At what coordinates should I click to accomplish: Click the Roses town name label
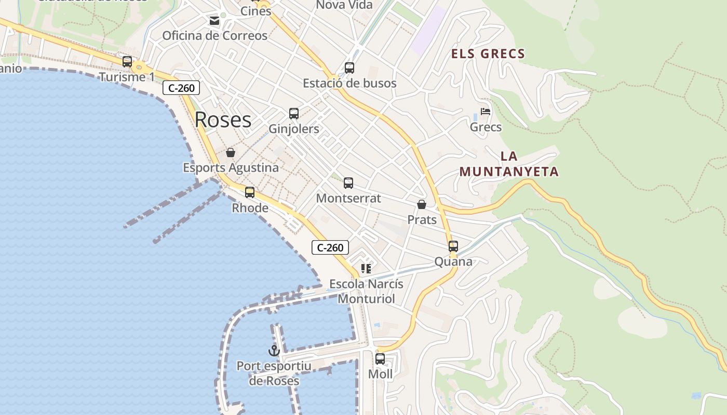tap(223, 120)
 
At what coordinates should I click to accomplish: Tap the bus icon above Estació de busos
tap(349, 68)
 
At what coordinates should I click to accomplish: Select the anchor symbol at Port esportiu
tap(274, 351)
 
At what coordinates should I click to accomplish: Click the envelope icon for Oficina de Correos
tap(214, 21)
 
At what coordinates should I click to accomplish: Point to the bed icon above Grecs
tap(486, 111)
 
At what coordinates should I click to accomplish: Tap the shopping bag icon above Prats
tap(422, 204)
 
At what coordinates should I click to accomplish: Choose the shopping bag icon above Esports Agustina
tap(231, 153)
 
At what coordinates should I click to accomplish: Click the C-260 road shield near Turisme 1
tap(181, 88)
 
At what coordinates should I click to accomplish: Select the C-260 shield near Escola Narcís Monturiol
tap(330, 247)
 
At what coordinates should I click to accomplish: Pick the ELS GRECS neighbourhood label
tap(488, 53)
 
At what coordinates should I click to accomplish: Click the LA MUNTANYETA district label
tap(509, 164)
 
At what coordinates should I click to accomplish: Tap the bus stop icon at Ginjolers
tap(294, 114)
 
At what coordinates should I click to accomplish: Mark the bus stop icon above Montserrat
tap(348, 183)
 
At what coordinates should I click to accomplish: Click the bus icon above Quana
tap(453, 246)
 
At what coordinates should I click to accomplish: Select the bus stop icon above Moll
tap(380, 359)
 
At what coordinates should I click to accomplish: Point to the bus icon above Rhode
tap(250, 192)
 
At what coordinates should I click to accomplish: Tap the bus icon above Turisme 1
tap(127, 62)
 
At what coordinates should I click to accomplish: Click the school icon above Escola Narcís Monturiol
tap(366, 269)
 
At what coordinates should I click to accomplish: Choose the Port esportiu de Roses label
tap(274, 374)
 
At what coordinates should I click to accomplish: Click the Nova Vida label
tap(344, 5)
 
